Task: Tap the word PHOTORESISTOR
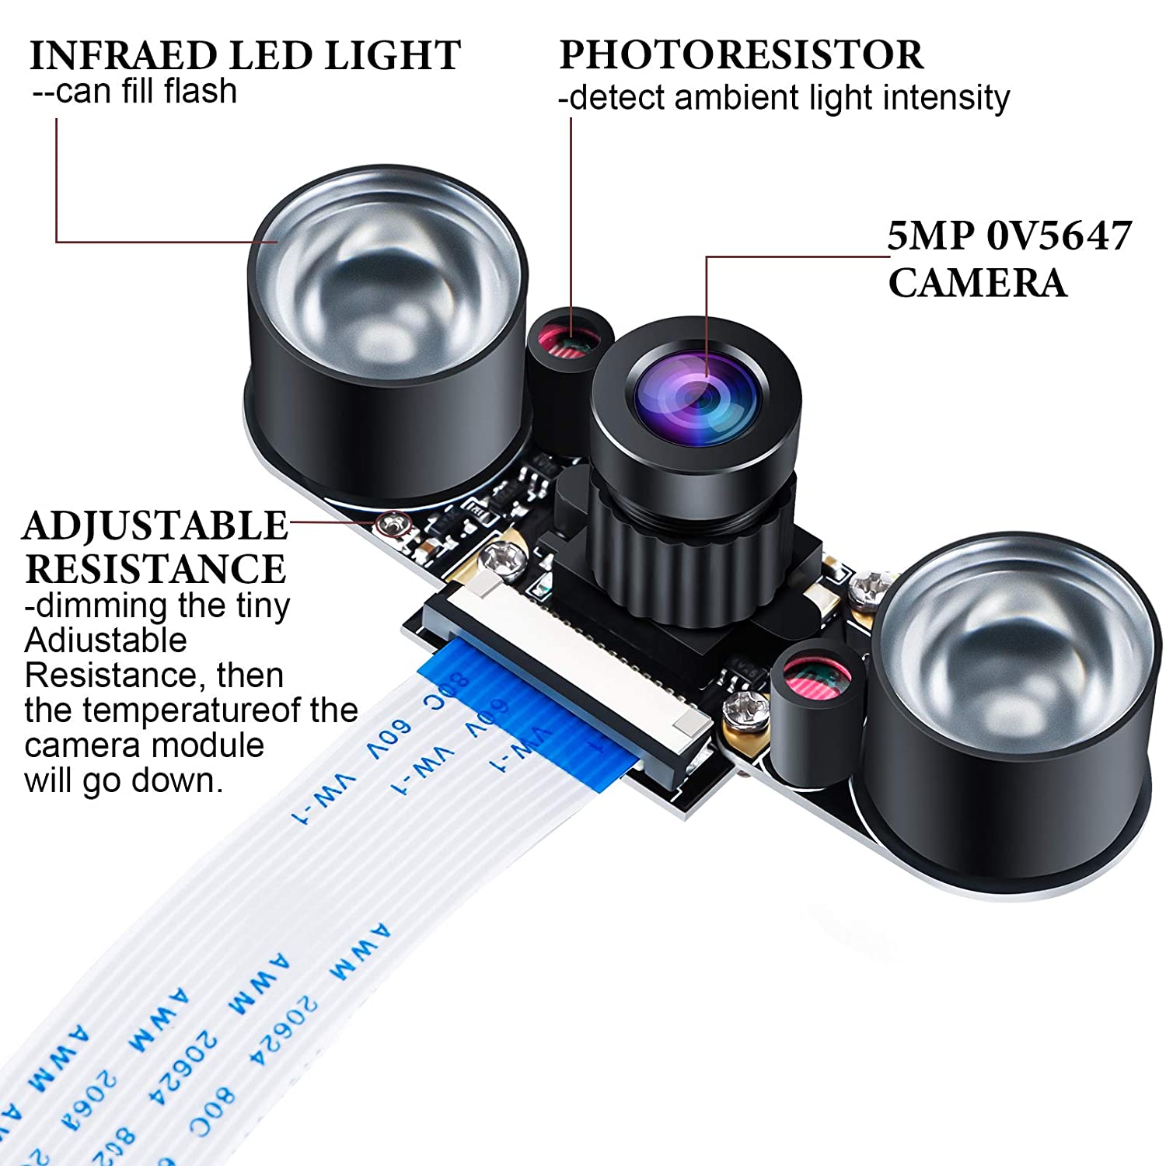(x=741, y=54)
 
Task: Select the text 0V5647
(x=1059, y=236)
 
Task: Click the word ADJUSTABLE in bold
(x=155, y=526)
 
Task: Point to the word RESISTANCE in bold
(x=155, y=569)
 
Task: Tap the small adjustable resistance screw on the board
(x=393, y=525)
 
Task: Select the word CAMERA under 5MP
(x=977, y=282)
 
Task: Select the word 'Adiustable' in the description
(x=106, y=641)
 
